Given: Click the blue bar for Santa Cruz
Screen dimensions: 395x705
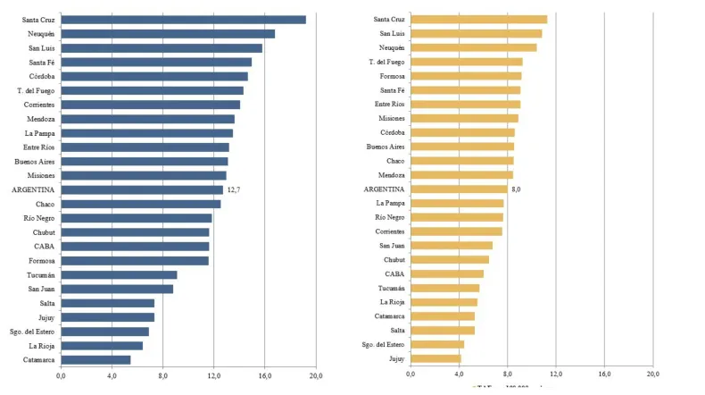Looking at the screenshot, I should [183, 20].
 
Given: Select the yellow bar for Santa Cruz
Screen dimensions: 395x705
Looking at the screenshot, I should [478, 19].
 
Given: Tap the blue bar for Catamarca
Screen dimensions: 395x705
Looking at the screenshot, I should [95, 360].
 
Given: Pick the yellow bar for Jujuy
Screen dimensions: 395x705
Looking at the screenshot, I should [435, 358].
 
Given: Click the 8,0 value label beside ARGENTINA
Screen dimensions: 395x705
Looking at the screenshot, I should [516, 189].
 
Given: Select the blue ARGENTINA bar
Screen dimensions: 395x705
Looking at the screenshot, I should [142, 189].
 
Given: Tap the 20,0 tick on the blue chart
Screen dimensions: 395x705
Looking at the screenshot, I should [316, 375].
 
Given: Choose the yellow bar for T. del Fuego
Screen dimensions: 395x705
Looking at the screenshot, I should [467, 62].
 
